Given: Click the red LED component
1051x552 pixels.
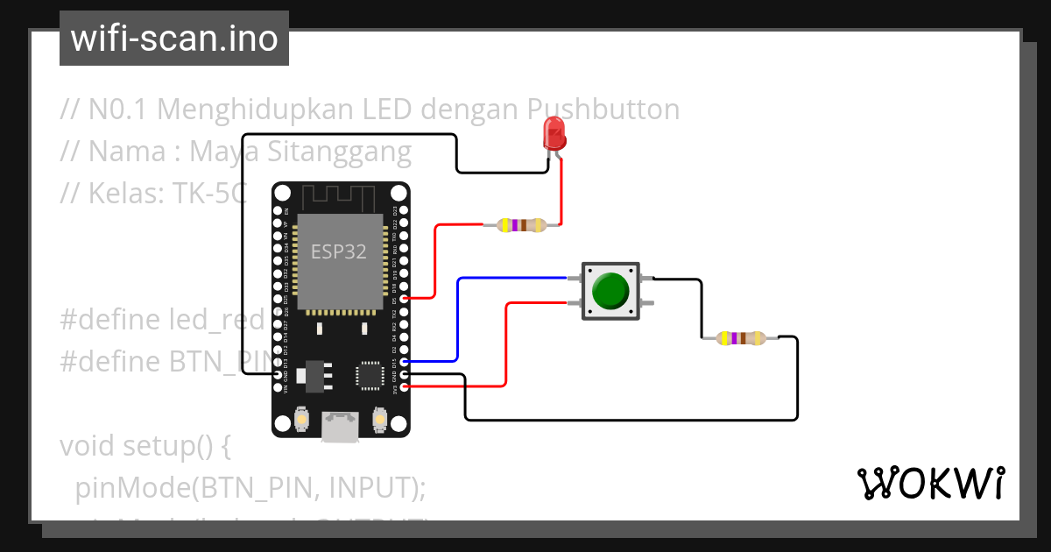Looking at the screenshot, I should click(x=554, y=134).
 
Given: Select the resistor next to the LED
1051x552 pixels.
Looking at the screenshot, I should click(x=521, y=225).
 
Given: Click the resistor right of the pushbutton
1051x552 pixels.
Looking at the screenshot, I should click(x=741, y=337).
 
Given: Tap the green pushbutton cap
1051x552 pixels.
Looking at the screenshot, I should click(x=610, y=291).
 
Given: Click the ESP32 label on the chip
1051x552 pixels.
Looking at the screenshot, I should click(x=338, y=251).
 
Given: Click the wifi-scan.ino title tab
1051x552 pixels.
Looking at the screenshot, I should click(x=174, y=39).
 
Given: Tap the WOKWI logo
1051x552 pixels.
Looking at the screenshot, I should click(x=929, y=483).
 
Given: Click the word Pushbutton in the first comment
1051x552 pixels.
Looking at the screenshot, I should click(x=603, y=110).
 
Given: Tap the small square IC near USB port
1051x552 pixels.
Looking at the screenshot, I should click(x=369, y=375).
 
